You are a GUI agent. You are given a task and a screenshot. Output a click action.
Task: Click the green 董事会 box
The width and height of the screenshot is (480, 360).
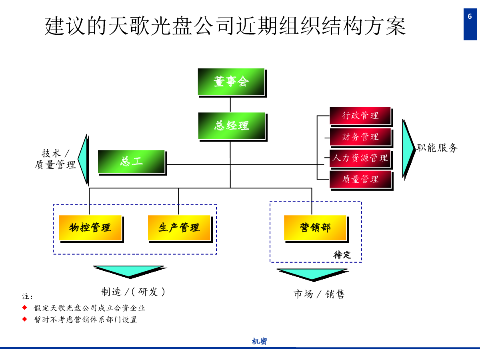pyautogui.click(x=231, y=82)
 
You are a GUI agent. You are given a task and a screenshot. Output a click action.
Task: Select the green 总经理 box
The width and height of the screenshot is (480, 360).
pyautogui.click(x=232, y=126)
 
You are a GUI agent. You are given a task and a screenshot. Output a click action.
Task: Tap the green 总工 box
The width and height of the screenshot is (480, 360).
pyautogui.click(x=131, y=162)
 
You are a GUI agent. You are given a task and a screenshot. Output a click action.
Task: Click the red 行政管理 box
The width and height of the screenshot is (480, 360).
pyautogui.click(x=360, y=116)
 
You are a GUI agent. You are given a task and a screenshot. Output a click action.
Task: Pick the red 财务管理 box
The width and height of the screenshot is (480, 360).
pyautogui.click(x=360, y=137)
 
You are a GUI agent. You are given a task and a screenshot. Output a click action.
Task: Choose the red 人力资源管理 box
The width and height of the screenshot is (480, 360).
pyautogui.click(x=360, y=158)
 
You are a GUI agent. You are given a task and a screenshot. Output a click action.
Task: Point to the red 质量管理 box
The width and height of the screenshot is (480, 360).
pyautogui.click(x=360, y=179)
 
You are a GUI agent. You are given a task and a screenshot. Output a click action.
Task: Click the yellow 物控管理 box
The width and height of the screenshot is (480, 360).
pyautogui.click(x=90, y=228)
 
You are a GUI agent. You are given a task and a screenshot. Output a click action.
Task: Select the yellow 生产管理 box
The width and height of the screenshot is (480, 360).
pyautogui.click(x=179, y=228)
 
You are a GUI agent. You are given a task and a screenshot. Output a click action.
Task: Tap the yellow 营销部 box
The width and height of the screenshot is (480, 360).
pyautogui.click(x=315, y=228)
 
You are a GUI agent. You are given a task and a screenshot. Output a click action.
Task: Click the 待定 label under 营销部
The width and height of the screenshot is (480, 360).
pyautogui.click(x=342, y=255)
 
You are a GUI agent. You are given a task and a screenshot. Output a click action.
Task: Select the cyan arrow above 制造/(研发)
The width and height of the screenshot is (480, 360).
pyautogui.click(x=129, y=271)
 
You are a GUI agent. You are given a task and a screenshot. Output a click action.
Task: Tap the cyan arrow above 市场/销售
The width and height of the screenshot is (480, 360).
pyautogui.click(x=312, y=274)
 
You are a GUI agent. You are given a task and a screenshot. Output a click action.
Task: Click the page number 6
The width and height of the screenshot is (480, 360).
pyautogui.click(x=470, y=16)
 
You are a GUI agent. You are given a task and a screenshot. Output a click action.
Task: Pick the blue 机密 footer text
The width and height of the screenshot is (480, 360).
pyautogui.click(x=260, y=341)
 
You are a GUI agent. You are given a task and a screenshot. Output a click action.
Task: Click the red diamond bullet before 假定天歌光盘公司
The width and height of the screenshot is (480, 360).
pyautogui.click(x=25, y=307)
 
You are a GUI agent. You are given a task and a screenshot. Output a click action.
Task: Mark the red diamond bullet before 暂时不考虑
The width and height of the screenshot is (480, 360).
pyautogui.click(x=25, y=319)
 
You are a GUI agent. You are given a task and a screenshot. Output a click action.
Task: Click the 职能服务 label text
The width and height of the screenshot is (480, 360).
pyautogui.click(x=437, y=148)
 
